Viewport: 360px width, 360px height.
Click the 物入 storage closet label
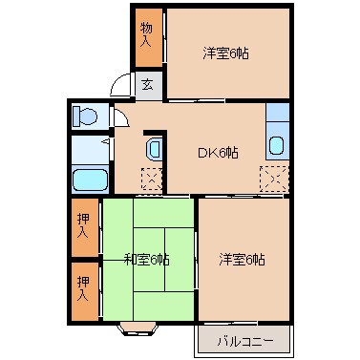coord(146,35)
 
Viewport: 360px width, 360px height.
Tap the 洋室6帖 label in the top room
coord(225,54)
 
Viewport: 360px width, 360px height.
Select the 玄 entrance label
coord(148,84)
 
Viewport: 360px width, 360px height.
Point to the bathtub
coord(90,179)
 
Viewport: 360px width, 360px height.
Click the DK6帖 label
coord(218,151)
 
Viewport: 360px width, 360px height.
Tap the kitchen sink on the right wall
coord(277,147)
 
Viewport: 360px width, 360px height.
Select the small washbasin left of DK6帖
coord(154,150)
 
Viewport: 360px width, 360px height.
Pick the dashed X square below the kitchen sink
coord(274,179)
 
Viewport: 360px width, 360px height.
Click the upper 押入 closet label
coord(83,225)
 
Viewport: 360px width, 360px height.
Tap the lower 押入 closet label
coord(83,288)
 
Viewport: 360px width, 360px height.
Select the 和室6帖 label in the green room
coord(147,259)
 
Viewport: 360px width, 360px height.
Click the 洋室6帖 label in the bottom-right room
coord(242,259)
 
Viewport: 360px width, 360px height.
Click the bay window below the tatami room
coord(140,330)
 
